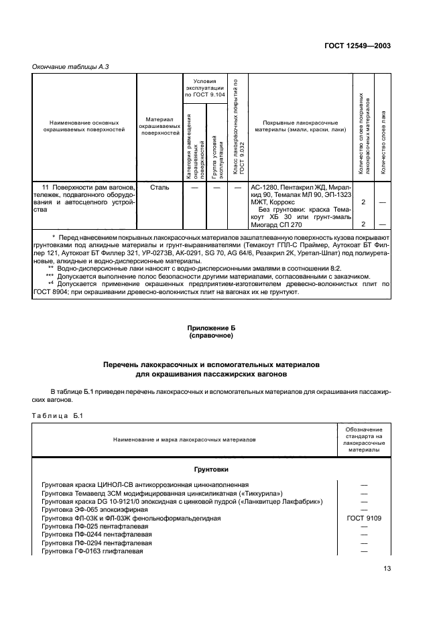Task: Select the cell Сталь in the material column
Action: (x=160, y=188)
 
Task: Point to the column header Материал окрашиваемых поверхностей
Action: (x=160, y=127)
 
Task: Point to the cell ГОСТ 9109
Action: (x=364, y=518)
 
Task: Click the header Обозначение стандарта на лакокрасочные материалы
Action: (x=364, y=439)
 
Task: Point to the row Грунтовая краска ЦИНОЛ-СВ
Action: (x=145, y=484)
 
